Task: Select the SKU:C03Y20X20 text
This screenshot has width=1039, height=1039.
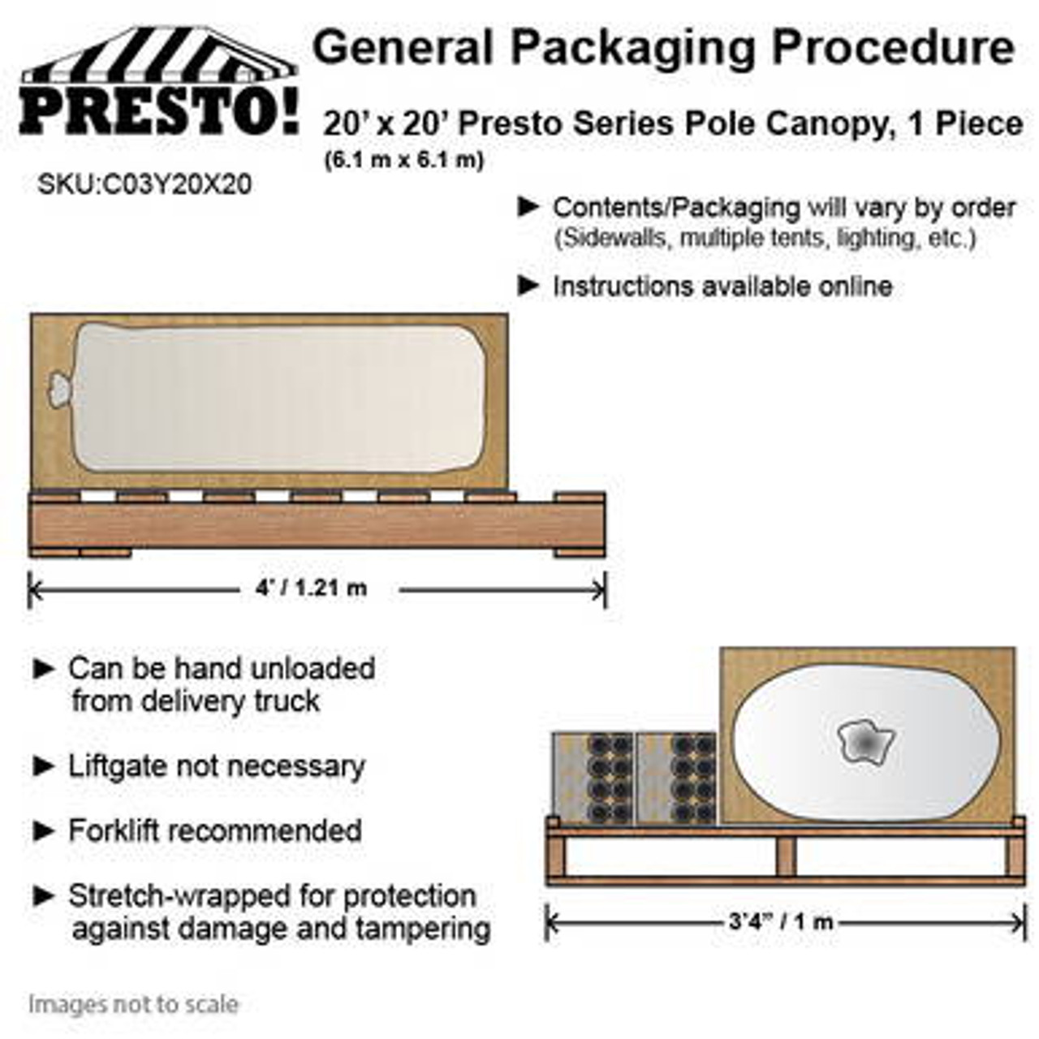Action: [144, 185]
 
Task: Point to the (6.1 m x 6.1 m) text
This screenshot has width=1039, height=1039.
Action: [403, 160]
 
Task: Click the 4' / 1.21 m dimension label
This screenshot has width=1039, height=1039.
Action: [311, 588]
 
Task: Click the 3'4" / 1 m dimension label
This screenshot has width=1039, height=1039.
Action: [781, 921]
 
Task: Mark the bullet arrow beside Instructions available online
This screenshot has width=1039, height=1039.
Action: [528, 285]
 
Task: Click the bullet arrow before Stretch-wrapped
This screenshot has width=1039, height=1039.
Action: [43, 896]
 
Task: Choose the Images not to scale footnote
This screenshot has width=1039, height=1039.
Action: [134, 1004]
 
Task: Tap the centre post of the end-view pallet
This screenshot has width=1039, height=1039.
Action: [785, 856]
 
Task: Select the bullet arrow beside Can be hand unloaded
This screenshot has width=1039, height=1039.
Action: [43, 669]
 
